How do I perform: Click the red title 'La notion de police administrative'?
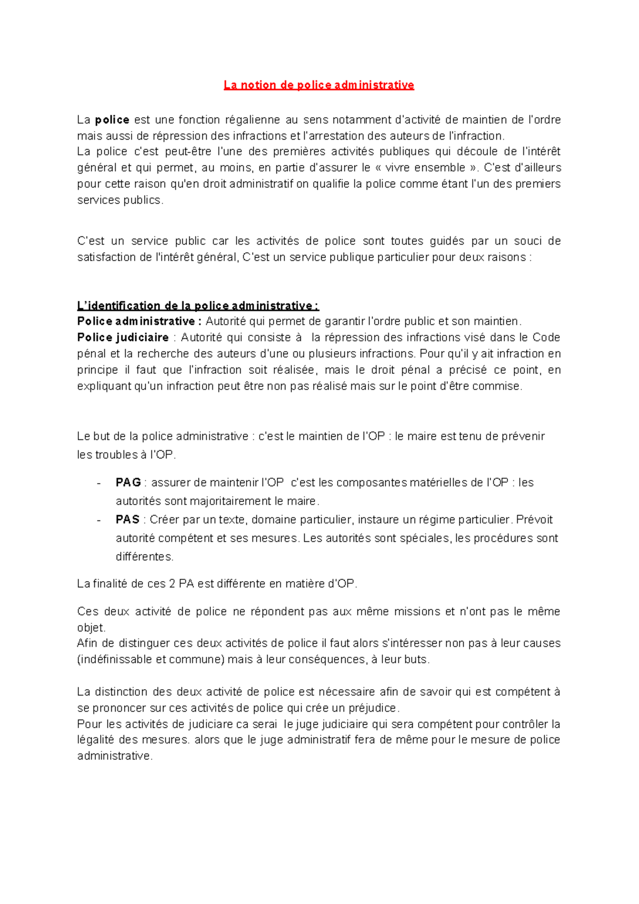[318, 85]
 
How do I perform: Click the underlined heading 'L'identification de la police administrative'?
[198, 306]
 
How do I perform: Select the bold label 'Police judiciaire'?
[122, 338]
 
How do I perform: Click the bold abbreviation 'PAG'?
[128, 483]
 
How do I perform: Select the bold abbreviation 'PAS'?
[127, 520]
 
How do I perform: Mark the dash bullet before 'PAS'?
[99, 520]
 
